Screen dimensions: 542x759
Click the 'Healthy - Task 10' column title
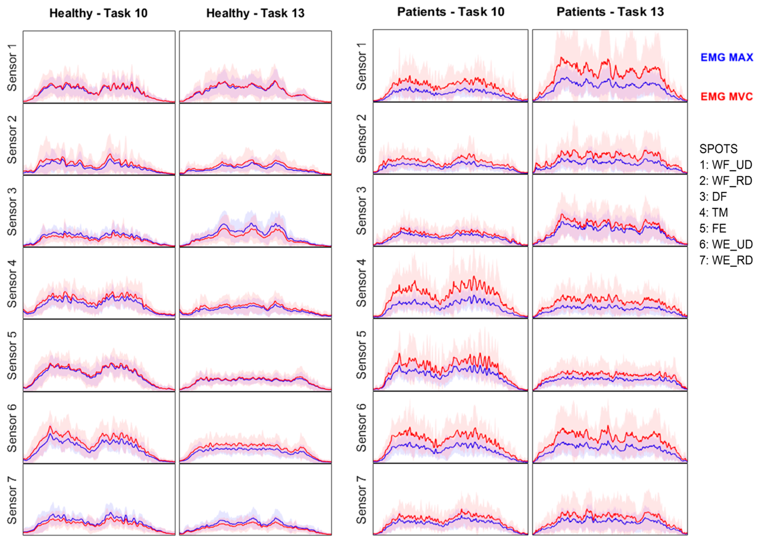tap(98, 13)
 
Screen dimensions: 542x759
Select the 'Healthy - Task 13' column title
tap(255, 13)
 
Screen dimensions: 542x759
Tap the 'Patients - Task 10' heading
tap(451, 12)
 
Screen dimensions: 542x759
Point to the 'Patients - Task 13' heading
tap(610, 12)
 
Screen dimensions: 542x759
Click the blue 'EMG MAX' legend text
tap(727, 57)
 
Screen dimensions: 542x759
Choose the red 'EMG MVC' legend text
tap(727, 97)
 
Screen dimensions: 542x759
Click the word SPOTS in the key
tap(718, 149)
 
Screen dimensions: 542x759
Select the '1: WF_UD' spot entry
tap(726, 165)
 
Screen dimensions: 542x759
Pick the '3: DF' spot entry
tap(713, 197)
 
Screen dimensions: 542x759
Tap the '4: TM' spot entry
tap(714, 213)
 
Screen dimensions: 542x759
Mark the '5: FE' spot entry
tap(713, 229)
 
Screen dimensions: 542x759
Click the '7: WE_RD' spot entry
tap(726, 260)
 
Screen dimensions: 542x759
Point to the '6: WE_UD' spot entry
tap(726, 244)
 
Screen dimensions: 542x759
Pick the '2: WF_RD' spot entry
tap(726, 181)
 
